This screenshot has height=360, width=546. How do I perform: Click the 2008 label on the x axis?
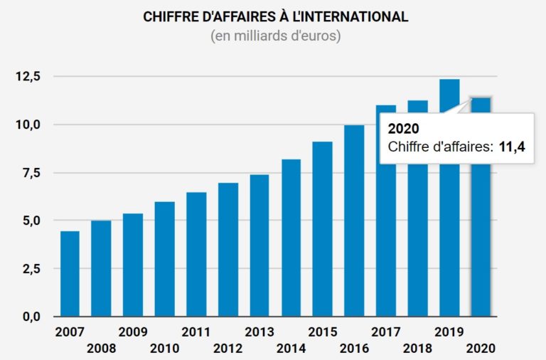[101, 349]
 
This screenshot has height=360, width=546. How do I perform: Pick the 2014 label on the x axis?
[291, 349]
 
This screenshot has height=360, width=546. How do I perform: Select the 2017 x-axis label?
[386, 332]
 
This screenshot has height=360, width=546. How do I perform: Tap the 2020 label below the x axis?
[481, 349]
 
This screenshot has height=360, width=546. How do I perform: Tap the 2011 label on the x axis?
[196, 332]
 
